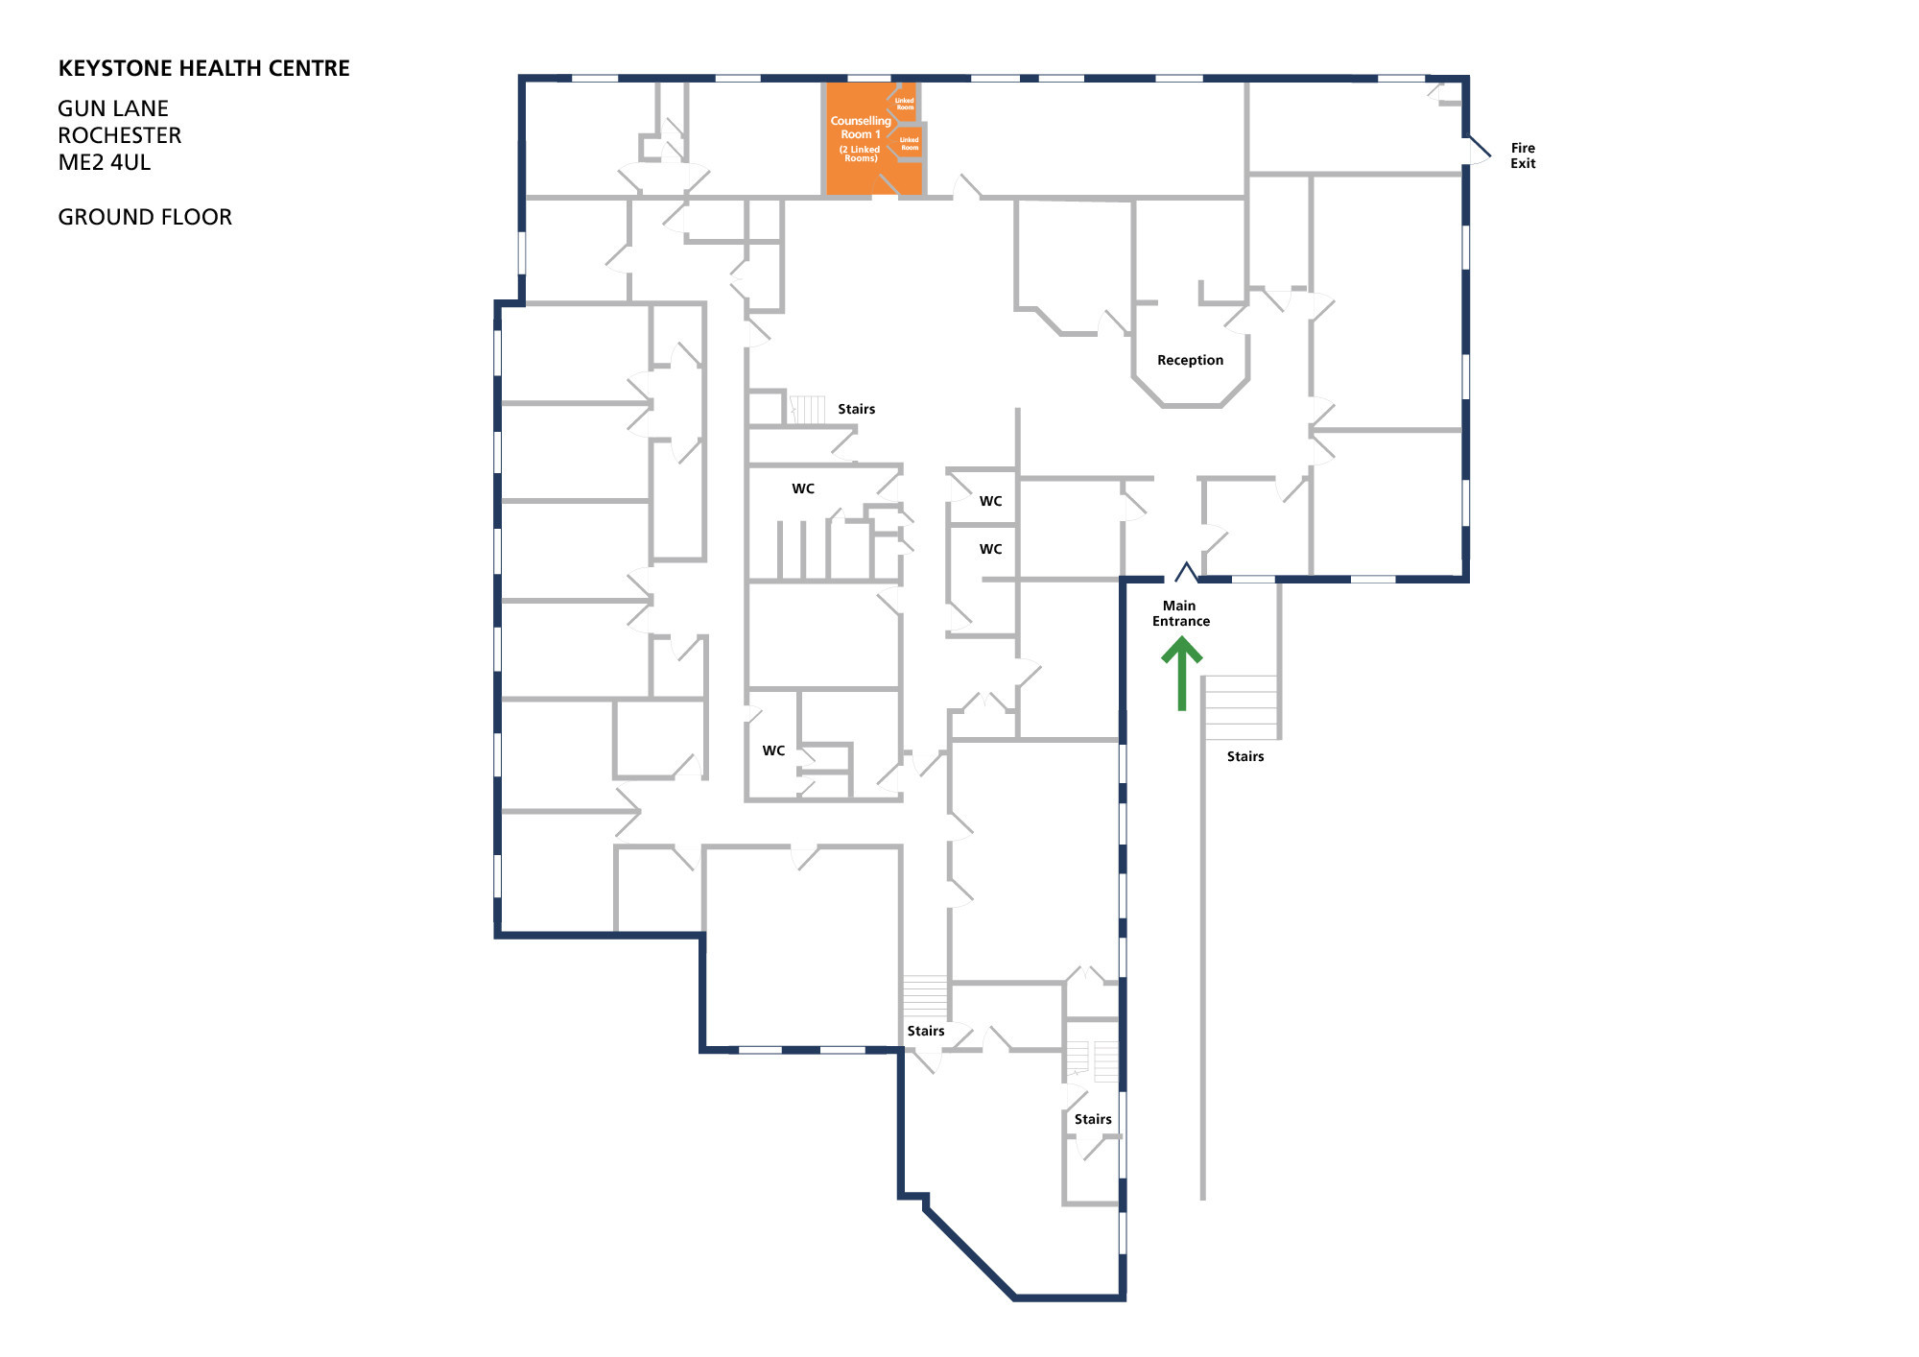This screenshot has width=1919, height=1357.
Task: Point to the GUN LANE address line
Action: tap(113, 108)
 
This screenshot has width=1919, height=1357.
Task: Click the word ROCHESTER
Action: tap(120, 135)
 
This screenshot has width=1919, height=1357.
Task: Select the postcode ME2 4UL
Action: tap(105, 162)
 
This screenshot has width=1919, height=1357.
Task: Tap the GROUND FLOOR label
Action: tap(145, 217)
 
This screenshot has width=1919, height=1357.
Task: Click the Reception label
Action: tap(1190, 360)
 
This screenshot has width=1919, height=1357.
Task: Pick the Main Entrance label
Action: tap(1180, 613)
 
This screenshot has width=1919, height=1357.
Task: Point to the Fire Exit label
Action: tap(1523, 155)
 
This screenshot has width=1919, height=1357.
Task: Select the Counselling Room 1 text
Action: tap(860, 128)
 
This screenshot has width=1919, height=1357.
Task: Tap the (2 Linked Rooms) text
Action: tap(860, 154)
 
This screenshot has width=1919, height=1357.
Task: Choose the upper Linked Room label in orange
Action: tap(905, 104)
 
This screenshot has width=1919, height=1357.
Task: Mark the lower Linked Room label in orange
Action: tap(909, 144)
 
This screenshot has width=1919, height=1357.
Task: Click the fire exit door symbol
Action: tap(1479, 150)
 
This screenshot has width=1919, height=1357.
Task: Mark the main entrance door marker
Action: tap(1187, 573)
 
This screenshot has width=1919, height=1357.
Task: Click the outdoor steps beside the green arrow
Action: tap(1241, 707)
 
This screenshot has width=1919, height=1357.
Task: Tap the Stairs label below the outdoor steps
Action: tap(1245, 756)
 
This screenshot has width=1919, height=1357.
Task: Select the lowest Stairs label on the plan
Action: tap(1093, 1119)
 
